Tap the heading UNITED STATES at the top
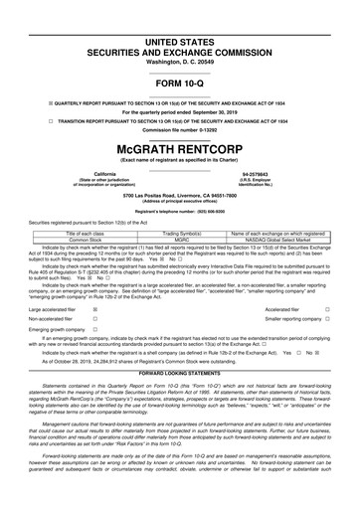tap(180, 8)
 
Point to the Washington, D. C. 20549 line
tap(180, 34)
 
